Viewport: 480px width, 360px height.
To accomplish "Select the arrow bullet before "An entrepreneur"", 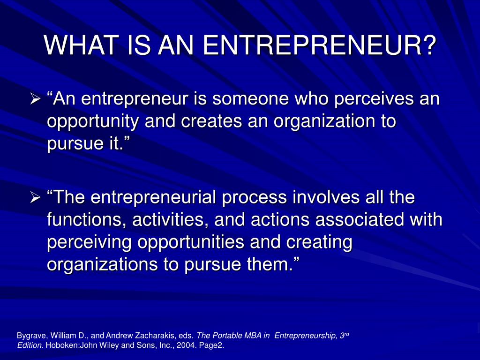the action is (x=35, y=99).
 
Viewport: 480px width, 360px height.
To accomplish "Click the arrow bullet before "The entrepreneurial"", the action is (x=35, y=198).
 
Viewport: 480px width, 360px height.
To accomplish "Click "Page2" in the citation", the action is (x=211, y=345).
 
